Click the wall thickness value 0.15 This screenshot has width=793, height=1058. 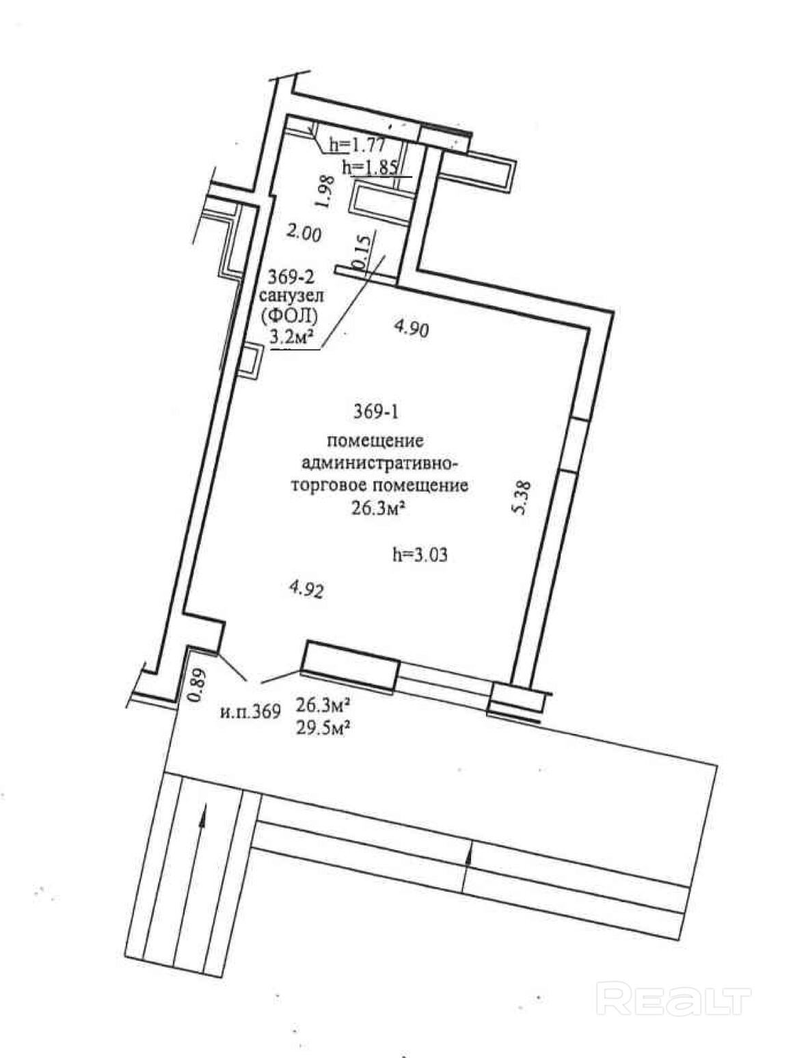pos(364,250)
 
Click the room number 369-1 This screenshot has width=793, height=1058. pos(375,412)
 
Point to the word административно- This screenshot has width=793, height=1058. pos(378,464)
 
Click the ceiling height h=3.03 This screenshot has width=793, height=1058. pos(420,554)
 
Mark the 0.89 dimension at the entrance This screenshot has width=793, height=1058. pos(196,685)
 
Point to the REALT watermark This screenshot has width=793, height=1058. pos(674,999)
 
